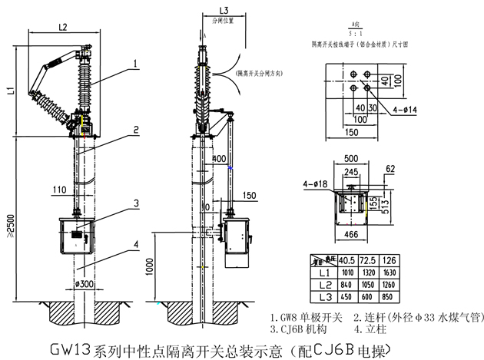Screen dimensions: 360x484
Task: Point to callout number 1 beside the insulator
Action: tap(134, 63)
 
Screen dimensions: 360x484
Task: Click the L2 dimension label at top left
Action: tap(63, 27)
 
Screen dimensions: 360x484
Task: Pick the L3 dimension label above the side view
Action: tap(202, 10)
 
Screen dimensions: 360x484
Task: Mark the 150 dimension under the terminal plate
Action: tap(353, 133)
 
